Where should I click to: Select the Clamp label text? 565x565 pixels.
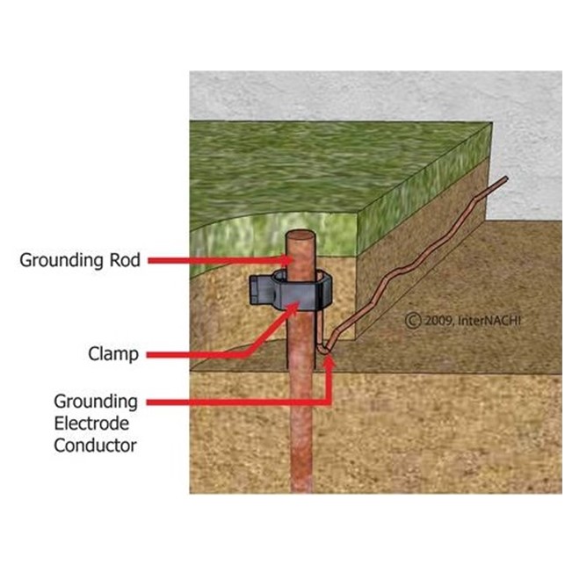tap(112, 355)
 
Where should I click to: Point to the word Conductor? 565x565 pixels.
tap(95, 445)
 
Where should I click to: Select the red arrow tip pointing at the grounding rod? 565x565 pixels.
tap(286, 261)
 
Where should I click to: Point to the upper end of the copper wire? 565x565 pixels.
tap(504, 181)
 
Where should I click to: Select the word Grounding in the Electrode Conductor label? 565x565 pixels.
tap(95, 402)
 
